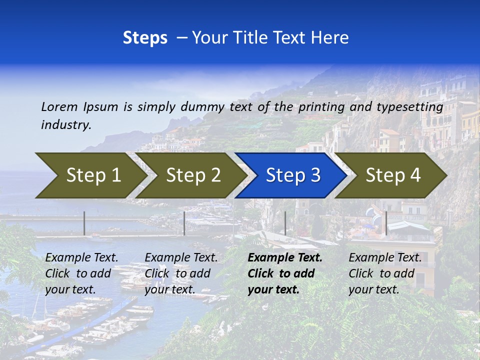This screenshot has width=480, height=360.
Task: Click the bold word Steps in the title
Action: click(145, 38)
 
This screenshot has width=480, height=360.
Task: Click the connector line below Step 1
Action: click(84, 223)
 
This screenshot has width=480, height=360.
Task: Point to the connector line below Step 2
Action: click(184, 223)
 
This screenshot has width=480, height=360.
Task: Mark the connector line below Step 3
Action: click(285, 223)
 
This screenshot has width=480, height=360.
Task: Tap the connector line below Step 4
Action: click(386, 223)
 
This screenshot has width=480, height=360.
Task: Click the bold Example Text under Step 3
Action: click(285, 258)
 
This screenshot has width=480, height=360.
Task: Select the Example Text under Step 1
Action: click(82, 258)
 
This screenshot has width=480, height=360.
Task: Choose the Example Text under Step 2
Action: click(181, 258)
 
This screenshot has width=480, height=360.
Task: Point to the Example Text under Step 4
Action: click(385, 258)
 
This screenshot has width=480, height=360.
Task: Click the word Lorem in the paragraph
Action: click(59, 106)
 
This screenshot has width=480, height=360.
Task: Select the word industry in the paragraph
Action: click(66, 124)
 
